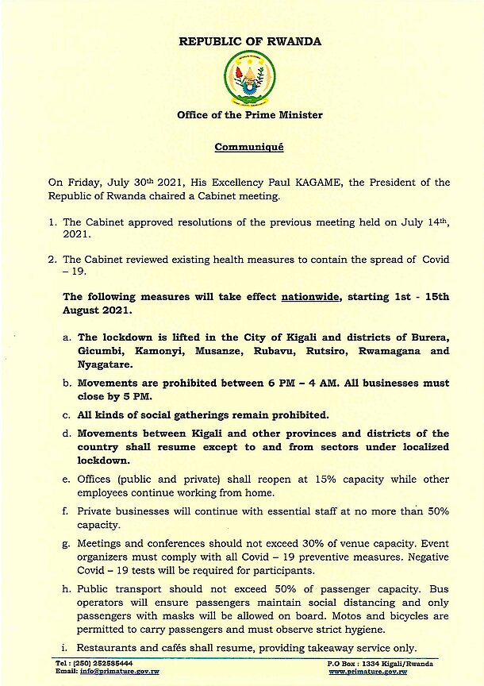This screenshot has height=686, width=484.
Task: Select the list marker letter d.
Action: pyautogui.click(x=66, y=434)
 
